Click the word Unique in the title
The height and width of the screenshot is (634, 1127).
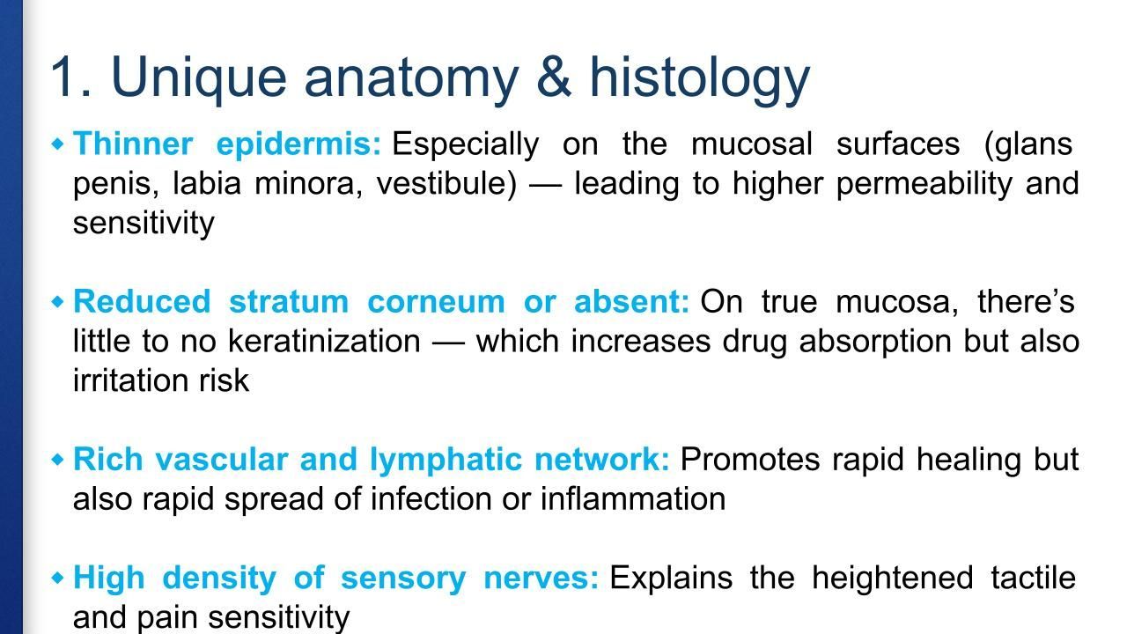click(199, 78)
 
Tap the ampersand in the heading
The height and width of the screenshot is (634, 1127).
click(554, 77)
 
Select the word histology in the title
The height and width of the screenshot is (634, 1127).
click(699, 79)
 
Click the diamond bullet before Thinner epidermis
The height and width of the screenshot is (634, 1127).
click(58, 144)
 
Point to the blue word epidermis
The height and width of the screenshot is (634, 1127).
click(298, 145)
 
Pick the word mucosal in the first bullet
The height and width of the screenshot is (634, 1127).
click(752, 144)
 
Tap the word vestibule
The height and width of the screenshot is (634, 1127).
click(446, 184)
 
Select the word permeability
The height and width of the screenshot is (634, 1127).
click(924, 185)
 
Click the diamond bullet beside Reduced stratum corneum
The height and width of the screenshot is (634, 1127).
click(58, 302)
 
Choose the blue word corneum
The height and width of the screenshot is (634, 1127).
click(436, 302)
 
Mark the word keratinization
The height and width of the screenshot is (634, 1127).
click(324, 342)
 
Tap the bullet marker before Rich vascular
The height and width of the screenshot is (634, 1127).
click(58, 460)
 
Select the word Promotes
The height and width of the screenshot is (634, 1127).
click(750, 460)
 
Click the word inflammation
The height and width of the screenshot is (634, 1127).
click(633, 499)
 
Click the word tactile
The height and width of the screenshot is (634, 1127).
click(1034, 578)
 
